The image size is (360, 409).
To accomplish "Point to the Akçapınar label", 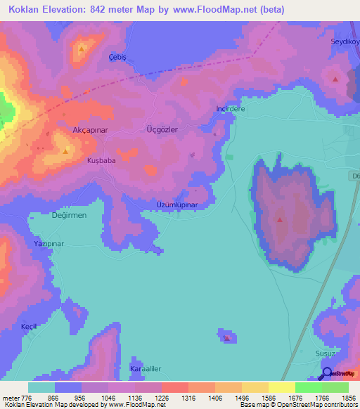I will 89,131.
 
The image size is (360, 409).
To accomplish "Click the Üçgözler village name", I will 161,130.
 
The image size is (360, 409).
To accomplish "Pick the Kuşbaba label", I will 101,160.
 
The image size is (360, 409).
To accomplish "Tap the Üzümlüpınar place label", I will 177,205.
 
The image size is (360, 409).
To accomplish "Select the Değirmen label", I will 69,215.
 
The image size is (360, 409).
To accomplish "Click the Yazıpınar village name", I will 49,243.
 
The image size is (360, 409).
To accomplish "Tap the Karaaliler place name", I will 146,368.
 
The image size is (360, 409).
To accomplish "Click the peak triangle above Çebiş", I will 82,48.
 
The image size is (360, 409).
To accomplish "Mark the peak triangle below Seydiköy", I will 335,79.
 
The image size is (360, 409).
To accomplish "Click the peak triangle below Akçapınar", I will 66,150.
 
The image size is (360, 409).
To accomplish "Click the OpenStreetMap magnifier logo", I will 326,373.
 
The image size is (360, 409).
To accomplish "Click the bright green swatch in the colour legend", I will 308,387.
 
